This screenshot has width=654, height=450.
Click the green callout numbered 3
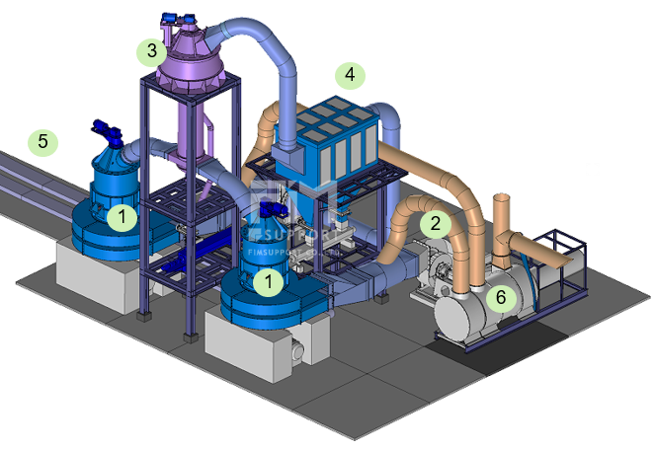150,50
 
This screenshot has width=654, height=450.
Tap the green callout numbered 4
350,75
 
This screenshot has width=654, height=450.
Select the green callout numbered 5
42,142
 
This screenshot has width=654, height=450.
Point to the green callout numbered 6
502,296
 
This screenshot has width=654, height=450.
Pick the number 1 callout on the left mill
122,215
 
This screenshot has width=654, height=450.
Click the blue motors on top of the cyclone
179,17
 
